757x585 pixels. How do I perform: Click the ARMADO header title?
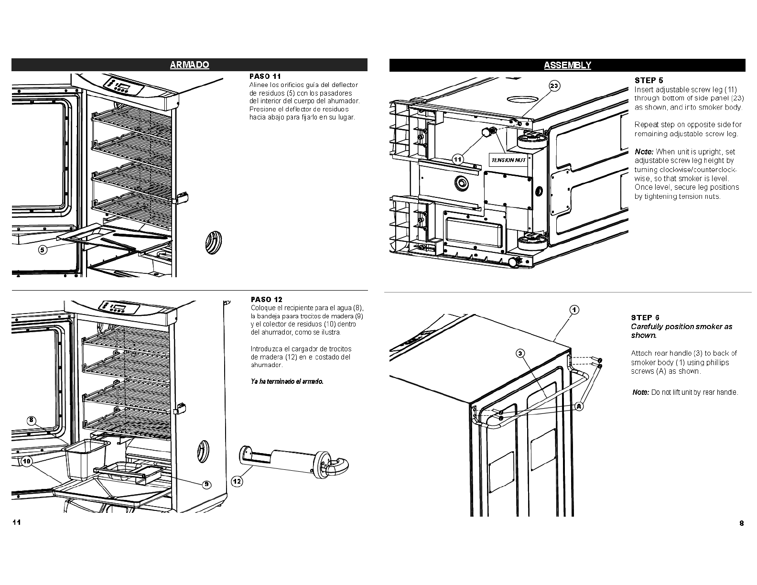tap(189, 65)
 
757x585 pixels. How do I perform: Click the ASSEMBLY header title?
tap(567, 65)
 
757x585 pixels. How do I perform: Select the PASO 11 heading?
tap(265, 76)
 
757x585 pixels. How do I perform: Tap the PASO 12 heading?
tap(266, 300)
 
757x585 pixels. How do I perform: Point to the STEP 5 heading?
tap(649, 80)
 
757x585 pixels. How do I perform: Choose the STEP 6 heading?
tap(645, 317)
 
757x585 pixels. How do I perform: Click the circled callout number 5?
tap(43, 249)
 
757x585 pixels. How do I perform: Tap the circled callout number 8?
tap(31, 421)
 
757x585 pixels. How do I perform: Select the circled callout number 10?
tap(26, 461)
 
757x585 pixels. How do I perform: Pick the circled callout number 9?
tap(206, 485)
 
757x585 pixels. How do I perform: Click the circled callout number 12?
tap(237, 481)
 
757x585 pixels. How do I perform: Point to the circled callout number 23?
tap(553, 86)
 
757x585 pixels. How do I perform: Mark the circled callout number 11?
tap(458, 159)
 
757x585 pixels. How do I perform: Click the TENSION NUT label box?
tap(509, 160)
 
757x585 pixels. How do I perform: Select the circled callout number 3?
tap(520, 353)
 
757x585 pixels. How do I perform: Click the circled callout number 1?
tap(574, 310)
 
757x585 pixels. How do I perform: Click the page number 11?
tap(16, 522)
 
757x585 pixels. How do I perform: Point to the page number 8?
tap(741, 523)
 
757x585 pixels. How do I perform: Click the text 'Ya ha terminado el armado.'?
tap(287, 381)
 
